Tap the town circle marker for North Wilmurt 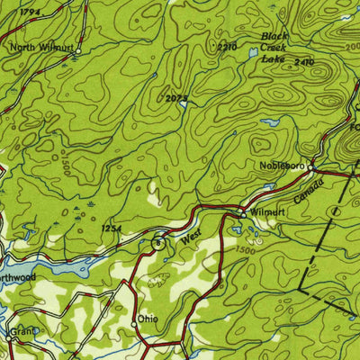[77, 52]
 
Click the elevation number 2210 [227, 47]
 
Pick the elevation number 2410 [304, 61]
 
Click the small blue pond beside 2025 [184, 104]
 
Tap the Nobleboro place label [277, 167]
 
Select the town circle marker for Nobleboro [310, 167]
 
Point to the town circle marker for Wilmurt [241, 214]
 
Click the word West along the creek [189, 238]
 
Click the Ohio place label [148, 320]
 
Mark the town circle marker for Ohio [133, 321]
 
